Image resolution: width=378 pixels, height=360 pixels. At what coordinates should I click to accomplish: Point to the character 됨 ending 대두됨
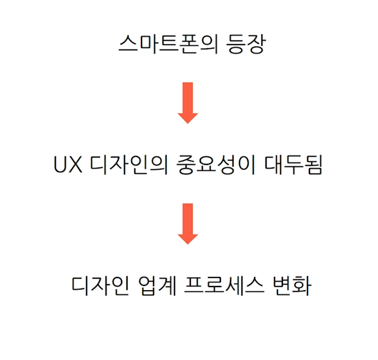coord(314,165)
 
